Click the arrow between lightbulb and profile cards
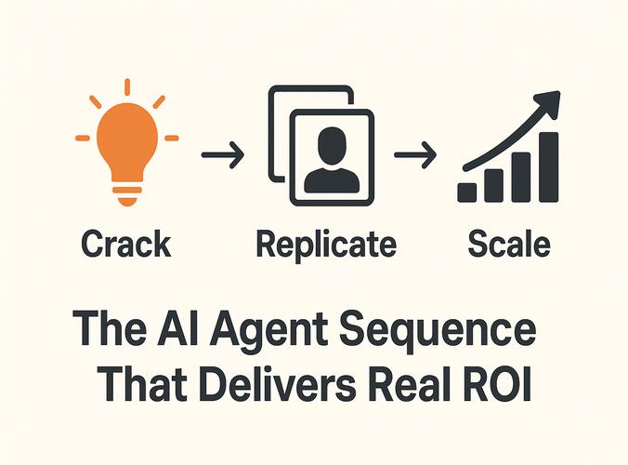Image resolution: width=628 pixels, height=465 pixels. click(x=224, y=153)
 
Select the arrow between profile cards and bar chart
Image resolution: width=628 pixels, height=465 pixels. click(x=413, y=153)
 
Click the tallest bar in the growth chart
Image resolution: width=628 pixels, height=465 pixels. click(x=549, y=167)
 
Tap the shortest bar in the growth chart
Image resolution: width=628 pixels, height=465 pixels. click(x=467, y=192)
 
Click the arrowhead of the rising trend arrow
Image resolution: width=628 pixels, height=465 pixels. click(x=549, y=100)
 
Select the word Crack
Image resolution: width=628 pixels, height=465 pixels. click(x=125, y=244)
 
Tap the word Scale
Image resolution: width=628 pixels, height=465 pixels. click(x=509, y=244)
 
